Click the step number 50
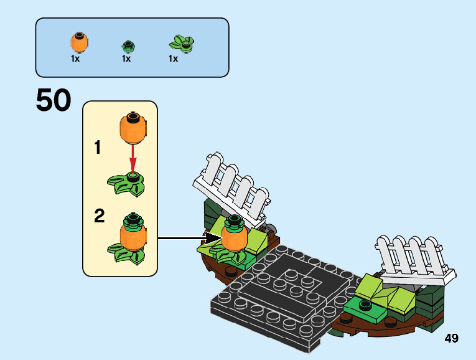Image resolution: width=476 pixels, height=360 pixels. click(54, 101)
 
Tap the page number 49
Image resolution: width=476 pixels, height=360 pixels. click(451, 338)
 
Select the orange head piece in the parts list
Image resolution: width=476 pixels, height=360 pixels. click(78, 42)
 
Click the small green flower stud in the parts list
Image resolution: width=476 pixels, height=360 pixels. click(128, 45)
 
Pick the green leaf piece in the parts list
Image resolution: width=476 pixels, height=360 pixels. click(181, 44)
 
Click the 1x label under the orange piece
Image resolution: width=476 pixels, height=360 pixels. click(75, 59)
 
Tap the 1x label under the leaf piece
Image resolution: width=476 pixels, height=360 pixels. click(173, 59)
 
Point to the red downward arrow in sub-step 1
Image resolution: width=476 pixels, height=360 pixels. click(133, 156)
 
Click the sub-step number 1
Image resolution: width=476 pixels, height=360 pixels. click(98, 148)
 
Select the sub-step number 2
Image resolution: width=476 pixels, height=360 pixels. click(99, 216)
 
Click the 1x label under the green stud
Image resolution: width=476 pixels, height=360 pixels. click(126, 59)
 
